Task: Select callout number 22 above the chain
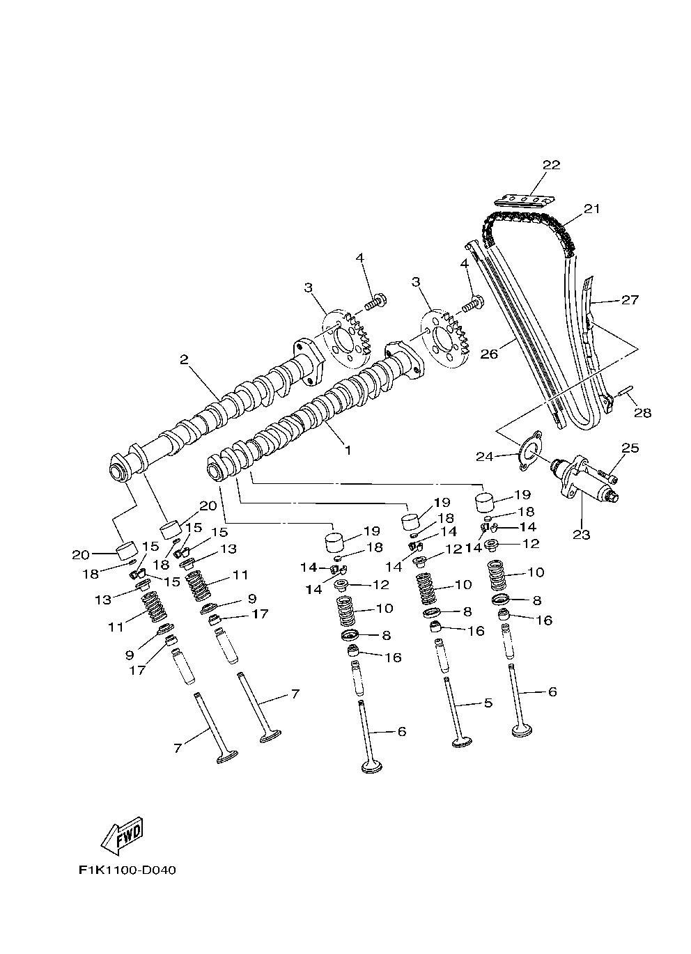pos(551,165)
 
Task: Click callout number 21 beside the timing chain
pos(591,208)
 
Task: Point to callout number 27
pos(630,300)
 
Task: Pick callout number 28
pos(642,412)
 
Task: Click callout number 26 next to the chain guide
pos(489,354)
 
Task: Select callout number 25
pos(630,448)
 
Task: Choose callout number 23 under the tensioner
pos(581,535)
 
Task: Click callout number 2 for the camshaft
pos(184,359)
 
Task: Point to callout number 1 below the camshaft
pos(347,450)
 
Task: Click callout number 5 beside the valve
pos(487,703)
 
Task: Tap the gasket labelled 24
pos(528,452)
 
